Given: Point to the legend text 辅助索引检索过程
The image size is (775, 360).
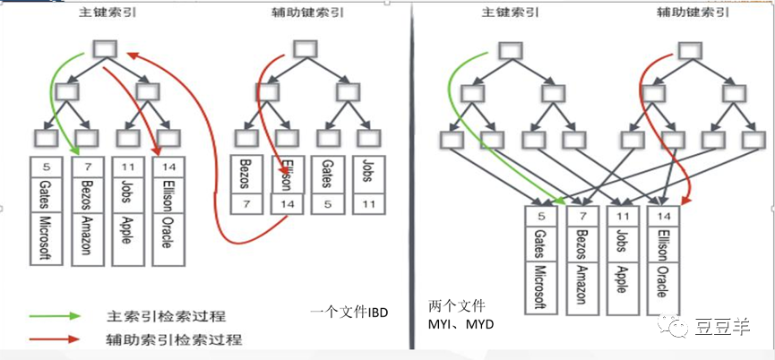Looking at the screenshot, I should [166, 340].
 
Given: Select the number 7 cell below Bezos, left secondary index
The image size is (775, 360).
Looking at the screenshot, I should [247, 204].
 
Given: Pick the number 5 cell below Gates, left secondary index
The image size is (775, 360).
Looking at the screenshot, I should [326, 204].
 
